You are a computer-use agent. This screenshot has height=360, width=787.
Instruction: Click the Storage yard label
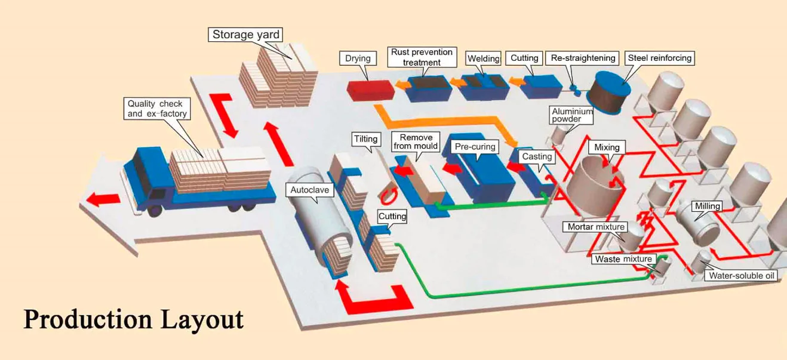click(245, 35)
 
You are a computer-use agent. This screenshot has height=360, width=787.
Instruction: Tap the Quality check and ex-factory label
click(157, 109)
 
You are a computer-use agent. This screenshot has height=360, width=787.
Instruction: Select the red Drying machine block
click(370, 90)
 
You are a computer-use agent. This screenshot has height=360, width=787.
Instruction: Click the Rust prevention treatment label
click(422, 57)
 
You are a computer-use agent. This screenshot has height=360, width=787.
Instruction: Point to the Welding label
click(484, 59)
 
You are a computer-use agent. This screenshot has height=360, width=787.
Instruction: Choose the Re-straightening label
click(583, 58)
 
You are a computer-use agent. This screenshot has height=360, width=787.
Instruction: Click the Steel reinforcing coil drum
click(609, 92)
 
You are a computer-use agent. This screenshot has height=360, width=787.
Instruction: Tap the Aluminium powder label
click(571, 115)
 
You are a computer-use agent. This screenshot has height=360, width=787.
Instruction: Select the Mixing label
click(607, 147)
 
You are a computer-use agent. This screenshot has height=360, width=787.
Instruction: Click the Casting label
click(537, 156)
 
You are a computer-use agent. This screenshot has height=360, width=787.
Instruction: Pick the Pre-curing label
click(475, 146)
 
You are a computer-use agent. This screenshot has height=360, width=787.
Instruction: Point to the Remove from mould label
click(416, 141)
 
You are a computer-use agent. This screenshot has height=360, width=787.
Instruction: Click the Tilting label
click(366, 139)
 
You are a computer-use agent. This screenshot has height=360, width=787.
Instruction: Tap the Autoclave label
click(309, 190)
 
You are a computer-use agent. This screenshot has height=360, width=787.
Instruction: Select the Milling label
click(707, 206)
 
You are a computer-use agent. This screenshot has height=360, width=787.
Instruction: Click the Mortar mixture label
click(597, 227)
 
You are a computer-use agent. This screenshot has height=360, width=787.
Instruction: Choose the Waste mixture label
click(623, 259)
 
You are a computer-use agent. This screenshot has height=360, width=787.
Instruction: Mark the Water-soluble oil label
click(742, 276)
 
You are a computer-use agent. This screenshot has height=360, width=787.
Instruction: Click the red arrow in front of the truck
click(103, 199)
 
